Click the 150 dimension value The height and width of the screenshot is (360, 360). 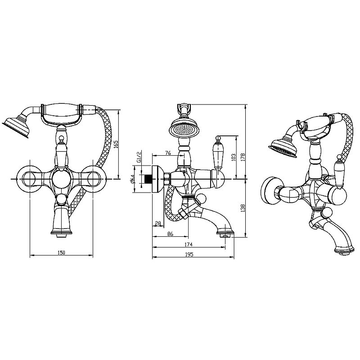click(61, 252)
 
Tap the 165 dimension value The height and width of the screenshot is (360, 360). click(116, 144)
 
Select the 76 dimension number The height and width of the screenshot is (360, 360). click(168, 153)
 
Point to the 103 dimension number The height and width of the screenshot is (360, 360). click(234, 157)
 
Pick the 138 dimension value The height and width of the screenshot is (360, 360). click(243, 208)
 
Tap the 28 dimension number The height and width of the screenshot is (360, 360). click(158, 223)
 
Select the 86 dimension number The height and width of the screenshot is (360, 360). click(170, 234)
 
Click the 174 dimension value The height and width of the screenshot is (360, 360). click(189, 244)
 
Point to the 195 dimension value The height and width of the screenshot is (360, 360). click(189, 254)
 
